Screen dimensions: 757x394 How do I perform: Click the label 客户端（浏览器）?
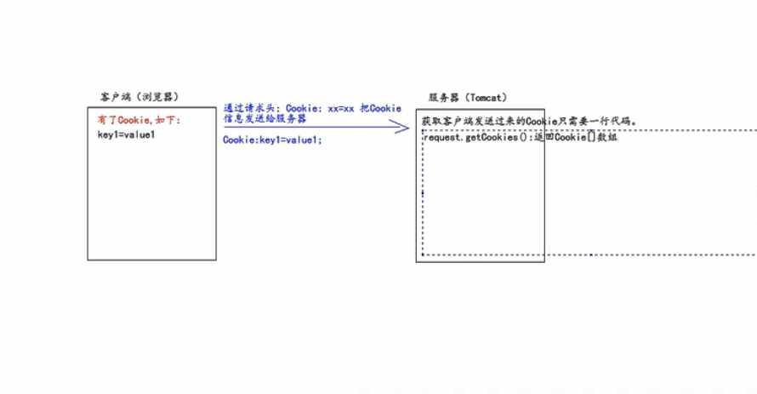[139, 97]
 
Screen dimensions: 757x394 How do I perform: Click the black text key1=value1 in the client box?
[127, 134]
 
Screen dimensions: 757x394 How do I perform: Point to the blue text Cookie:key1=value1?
[272, 140]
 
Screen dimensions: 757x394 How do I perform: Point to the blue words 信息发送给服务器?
[265, 119]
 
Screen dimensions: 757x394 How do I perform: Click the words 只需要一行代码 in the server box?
[601, 122]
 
